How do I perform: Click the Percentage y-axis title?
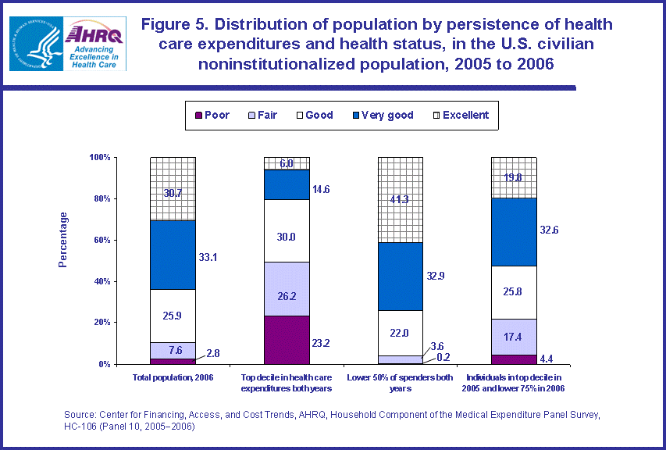click(63, 239)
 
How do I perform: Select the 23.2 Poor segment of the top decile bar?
click(287, 339)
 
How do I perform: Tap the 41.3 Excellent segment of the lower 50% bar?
click(401, 200)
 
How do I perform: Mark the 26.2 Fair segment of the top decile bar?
click(287, 288)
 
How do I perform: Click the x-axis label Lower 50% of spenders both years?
click(401, 383)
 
